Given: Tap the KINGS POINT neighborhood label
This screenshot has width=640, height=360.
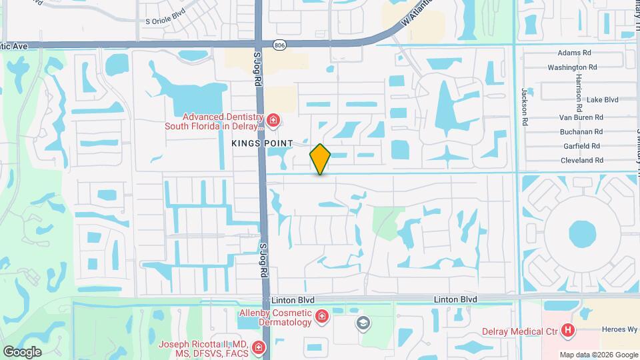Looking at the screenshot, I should point(262,143).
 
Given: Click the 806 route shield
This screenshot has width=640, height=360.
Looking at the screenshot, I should point(279,45).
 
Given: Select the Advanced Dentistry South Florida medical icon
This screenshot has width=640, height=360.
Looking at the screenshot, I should point(273,120).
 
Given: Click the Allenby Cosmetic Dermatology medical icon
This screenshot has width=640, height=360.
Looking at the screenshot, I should point(322,315).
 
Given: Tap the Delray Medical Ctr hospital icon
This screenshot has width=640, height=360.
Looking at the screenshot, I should point(567,329).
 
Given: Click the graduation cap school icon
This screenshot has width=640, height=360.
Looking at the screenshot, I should point(363,324).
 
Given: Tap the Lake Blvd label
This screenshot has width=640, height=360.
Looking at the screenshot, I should point(603,100).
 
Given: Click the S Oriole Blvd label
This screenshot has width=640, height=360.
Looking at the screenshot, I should point(165,21).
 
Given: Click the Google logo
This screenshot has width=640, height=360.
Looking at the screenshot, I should point(22,351).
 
